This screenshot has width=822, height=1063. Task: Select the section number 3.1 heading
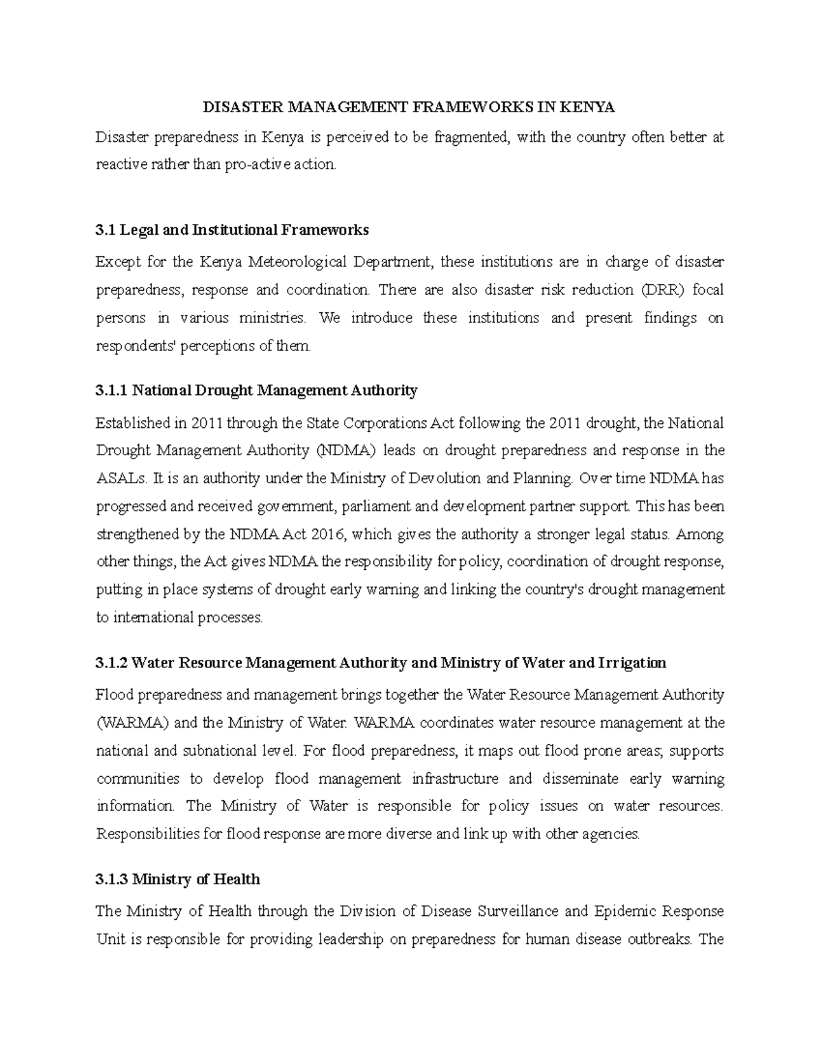click(105, 230)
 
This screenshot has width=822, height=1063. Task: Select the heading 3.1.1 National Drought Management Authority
click(256, 391)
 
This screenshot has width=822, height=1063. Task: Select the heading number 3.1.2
click(112, 663)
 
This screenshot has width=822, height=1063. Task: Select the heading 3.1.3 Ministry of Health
click(178, 880)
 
